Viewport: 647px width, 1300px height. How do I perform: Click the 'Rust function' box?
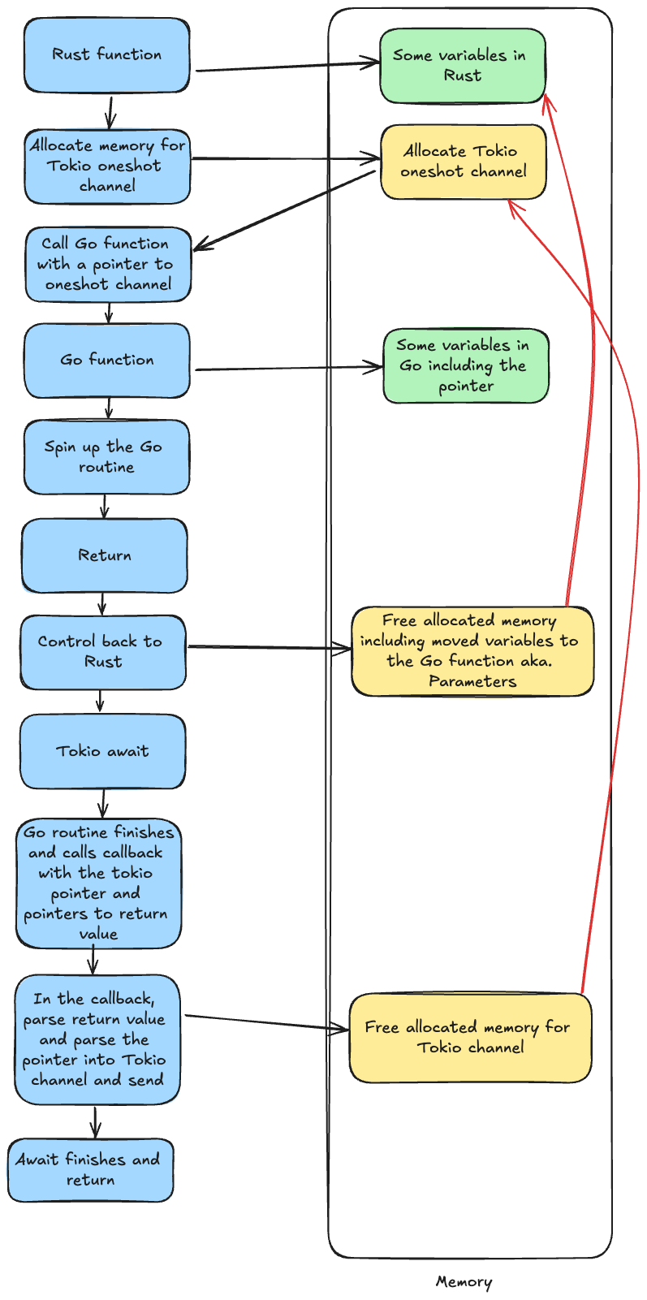[x=107, y=55]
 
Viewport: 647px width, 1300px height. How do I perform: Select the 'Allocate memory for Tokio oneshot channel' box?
[x=107, y=166]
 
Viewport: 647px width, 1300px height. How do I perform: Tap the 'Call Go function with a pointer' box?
[x=108, y=264]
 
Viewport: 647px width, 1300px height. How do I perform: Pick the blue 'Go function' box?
[x=107, y=361]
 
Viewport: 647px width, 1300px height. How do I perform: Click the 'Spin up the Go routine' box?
[x=106, y=457]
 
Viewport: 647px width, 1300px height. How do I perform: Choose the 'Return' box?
[x=105, y=555]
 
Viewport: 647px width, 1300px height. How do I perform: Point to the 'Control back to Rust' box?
[x=103, y=652]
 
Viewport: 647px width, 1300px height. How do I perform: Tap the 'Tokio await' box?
[x=102, y=751]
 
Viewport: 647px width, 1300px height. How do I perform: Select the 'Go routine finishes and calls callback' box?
[x=98, y=883]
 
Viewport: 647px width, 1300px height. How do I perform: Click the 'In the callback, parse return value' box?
[x=97, y=1039]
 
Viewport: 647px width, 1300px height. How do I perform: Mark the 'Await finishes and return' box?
[x=91, y=1170]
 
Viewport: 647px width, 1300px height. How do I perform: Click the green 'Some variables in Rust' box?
[x=463, y=66]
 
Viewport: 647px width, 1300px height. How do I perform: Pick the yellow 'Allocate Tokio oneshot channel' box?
[x=464, y=162]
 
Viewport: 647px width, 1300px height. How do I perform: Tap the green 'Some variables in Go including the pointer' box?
[x=466, y=366]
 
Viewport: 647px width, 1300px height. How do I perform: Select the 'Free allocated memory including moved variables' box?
[x=472, y=651]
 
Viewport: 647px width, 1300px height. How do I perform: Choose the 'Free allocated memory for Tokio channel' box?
[x=470, y=1038]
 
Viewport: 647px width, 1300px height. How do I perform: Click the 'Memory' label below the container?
[x=464, y=1282]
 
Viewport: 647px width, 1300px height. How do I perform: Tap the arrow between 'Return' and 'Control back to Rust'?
[x=103, y=603]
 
